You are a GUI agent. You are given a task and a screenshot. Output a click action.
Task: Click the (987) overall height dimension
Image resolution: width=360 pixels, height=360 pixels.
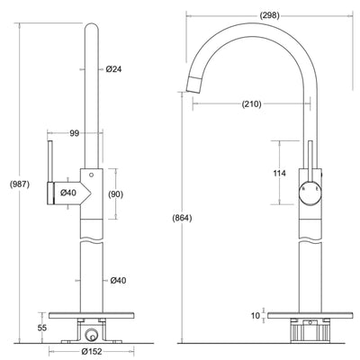pyautogui.click(x=19, y=184)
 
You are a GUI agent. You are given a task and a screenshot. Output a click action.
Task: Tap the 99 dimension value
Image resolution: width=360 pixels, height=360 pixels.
pyautogui.click(x=75, y=133)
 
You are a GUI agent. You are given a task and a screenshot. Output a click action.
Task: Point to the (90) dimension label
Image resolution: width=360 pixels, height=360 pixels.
pyautogui.click(x=115, y=194)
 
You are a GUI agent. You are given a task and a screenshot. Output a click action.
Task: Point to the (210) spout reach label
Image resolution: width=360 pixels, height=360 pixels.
pyautogui.click(x=251, y=104)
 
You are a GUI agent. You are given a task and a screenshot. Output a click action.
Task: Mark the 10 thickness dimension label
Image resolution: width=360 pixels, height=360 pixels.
pyautogui.click(x=257, y=316)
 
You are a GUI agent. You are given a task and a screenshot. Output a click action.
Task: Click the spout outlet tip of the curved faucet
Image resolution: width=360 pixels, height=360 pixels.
pyautogui.click(x=194, y=85)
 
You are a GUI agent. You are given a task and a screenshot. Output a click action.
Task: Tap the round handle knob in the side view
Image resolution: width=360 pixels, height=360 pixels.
pyautogui.click(x=308, y=193)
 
